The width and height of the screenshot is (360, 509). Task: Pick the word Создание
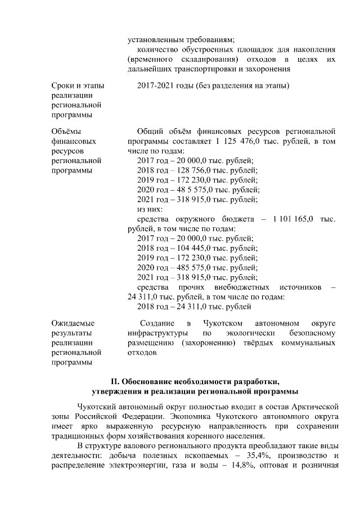click(x=157, y=323)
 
